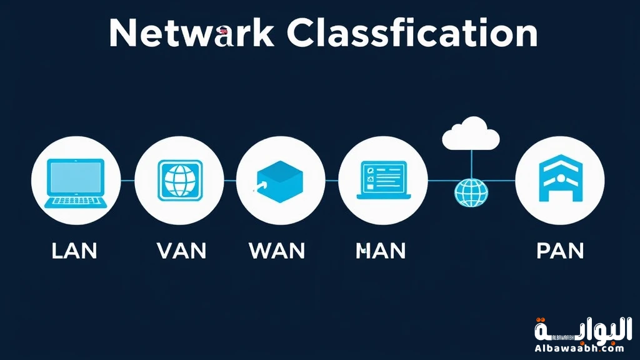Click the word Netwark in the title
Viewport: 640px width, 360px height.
(191, 33)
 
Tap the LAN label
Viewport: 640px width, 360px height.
(74, 251)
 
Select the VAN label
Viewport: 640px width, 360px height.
(181, 251)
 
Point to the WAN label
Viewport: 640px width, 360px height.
(277, 251)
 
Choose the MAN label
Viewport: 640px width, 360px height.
(381, 251)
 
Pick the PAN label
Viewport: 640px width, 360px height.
(560, 251)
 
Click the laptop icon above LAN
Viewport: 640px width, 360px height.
(75, 181)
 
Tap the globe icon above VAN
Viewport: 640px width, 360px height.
(180, 181)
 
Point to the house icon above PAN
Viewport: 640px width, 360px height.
(560, 181)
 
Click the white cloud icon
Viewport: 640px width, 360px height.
(470, 135)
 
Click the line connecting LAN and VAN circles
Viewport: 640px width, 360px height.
(127, 181)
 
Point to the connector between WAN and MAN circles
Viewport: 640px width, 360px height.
(332, 181)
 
